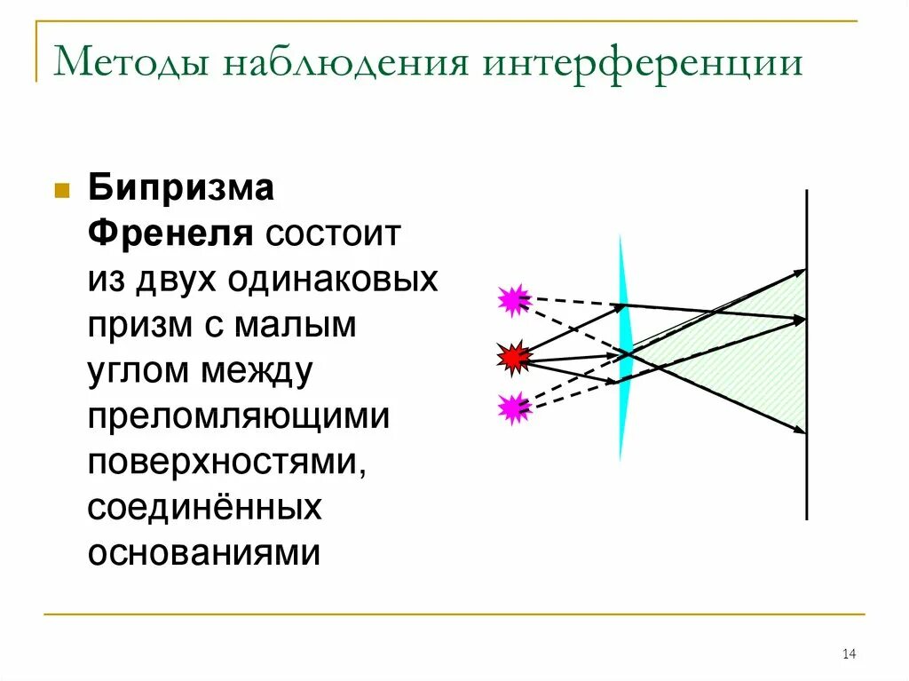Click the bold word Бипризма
coord(180,189)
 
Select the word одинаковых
coord(332,281)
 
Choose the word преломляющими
coord(238,416)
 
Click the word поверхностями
coord(226,462)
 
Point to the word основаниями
coord(202,553)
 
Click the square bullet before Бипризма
coord(62,191)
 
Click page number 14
coord(848,654)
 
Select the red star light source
coord(513,358)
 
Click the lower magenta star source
coord(513,408)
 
